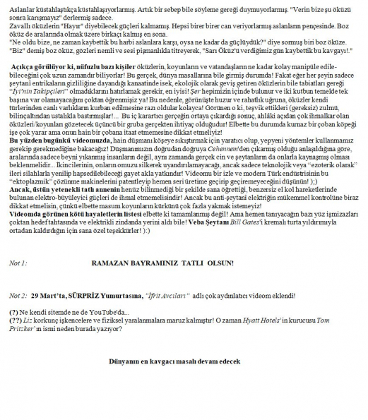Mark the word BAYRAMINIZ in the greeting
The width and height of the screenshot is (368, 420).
160,263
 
